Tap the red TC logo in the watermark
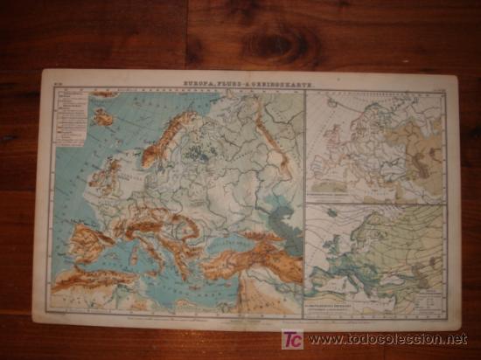pos(293,339)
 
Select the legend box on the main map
pos(69,118)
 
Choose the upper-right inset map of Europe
pos(375,144)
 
